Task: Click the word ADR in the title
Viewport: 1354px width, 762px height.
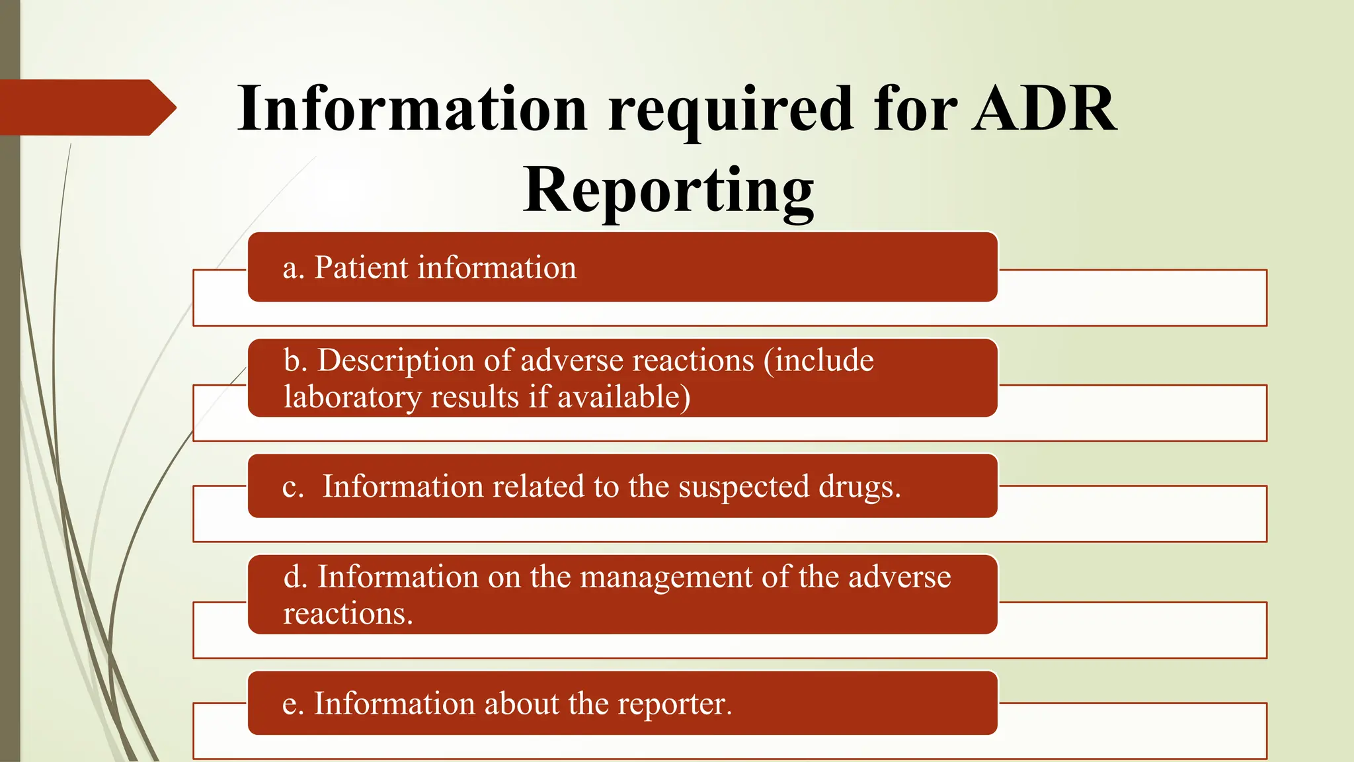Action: pos(1045,108)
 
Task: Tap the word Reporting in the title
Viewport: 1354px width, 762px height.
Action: pos(668,190)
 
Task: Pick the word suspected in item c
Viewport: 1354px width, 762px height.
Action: pos(744,487)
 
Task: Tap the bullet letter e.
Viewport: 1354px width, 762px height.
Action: pos(292,704)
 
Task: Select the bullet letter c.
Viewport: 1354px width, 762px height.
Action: pos(292,487)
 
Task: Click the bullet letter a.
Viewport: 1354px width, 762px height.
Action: pos(292,269)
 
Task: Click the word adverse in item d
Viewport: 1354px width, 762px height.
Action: pos(899,577)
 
